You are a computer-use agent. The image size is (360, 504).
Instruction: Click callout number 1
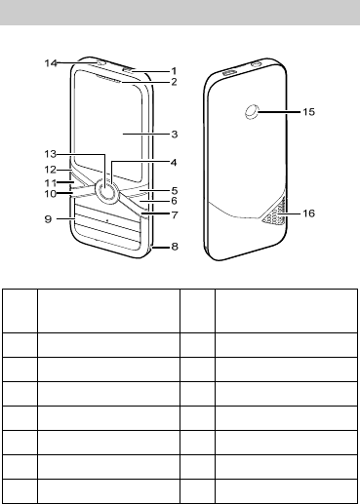tap(174, 71)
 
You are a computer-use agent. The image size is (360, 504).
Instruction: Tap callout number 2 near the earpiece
tap(174, 82)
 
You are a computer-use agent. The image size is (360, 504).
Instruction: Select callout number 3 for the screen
tap(175, 134)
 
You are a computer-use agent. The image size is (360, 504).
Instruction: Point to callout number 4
tap(174, 162)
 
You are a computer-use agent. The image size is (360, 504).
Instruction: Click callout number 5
tap(175, 190)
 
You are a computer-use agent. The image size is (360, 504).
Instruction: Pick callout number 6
tap(174, 201)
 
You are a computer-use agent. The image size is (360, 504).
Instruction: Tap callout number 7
tap(175, 214)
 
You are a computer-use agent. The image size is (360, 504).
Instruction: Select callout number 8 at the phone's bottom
tap(175, 247)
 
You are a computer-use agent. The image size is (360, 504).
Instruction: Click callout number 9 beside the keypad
tap(48, 219)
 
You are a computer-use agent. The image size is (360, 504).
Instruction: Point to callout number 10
tap(51, 194)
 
